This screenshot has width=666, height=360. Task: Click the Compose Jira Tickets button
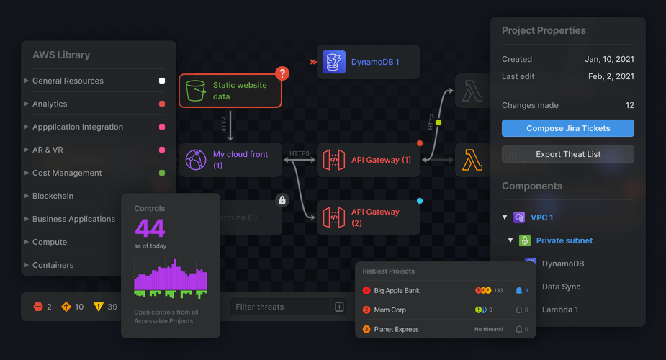(x=568, y=128)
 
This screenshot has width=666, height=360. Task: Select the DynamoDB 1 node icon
(x=334, y=62)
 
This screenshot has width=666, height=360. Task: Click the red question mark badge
(x=282, y=73)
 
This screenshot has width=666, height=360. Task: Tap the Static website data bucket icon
(x=196, y=91)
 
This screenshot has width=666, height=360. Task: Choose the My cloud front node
(x=230, y=160)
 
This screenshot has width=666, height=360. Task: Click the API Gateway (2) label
(x=375, y=217)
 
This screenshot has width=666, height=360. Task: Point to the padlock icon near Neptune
(x=282, y=200)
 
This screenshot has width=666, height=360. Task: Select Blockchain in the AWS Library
(x=53, y=196)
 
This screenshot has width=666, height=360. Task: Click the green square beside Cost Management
(x=162, y=173)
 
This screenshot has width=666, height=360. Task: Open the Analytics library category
(x=50, y=104)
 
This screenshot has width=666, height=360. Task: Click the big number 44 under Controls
(x=150, y=228)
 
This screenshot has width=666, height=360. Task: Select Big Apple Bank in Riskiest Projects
(x=397, y=291)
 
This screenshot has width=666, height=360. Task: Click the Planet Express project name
(x=396, y=329)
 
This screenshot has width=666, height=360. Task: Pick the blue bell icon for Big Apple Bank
(x=518, y=291)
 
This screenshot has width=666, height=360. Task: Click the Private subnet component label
(x=564, y=240)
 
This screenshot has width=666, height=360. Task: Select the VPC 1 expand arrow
(x=505, y=217)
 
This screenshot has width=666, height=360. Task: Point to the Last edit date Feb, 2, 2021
(x=611, y=76)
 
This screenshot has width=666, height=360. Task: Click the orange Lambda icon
(x=472, y=160)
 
